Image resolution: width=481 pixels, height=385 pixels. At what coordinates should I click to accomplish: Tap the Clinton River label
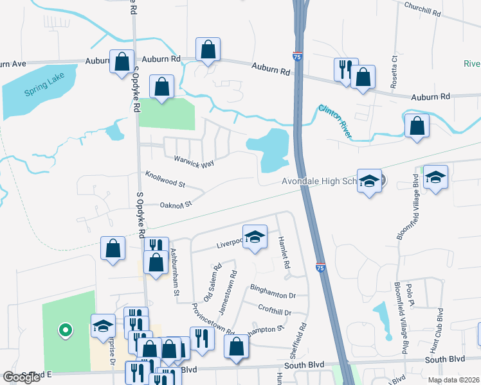pos(335,120)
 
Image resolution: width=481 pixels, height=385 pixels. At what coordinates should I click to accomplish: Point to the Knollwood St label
pos(165,179)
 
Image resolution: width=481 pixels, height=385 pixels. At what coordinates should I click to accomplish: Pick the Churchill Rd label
pos(423,8)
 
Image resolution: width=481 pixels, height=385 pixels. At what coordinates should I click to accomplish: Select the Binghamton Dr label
pos(273,296)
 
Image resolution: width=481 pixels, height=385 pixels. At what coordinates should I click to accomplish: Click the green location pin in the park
pos(64,330)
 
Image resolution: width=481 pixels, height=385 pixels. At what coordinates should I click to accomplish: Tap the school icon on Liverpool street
pos(255,236)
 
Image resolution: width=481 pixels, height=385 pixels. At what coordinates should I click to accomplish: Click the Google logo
pos(21,377)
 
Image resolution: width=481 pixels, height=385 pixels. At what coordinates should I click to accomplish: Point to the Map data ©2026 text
pos(453,380)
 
